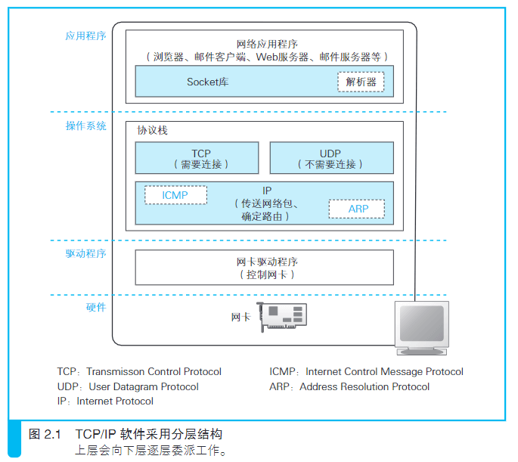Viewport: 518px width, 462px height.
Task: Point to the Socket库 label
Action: tap(207, 82)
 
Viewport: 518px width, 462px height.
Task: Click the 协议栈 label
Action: tap(152, 131)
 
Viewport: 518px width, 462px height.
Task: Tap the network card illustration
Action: tap(282, 317)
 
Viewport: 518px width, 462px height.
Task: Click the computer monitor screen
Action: tap(422, 324)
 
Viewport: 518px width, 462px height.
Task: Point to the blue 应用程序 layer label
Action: tap(86, 36)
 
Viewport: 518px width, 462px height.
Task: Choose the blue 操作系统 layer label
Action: tap(86, 126)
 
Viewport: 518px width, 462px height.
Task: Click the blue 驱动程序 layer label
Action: tap(86, 253)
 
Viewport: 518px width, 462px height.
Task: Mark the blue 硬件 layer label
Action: tap(96, 308)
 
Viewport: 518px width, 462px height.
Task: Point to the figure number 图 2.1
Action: tap(45, 434)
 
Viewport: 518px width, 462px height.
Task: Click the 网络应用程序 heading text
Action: tap(267, 44)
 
